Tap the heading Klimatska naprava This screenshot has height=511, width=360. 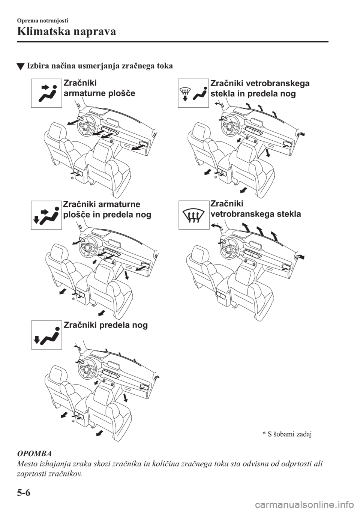(67, 32)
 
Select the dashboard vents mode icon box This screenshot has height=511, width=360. (46, 93)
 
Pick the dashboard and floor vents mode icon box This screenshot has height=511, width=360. (46, 215)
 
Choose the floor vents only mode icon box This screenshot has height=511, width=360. (46, 335)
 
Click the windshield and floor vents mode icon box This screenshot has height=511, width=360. (193, 93)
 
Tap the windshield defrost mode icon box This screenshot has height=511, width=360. (194, 215)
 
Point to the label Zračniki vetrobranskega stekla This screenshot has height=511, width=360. (256, 209)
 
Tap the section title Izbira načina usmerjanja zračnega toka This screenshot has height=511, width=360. (100, 66)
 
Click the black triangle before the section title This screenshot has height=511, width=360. (21, 67)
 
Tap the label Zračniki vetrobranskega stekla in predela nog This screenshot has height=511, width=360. (260, 89)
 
